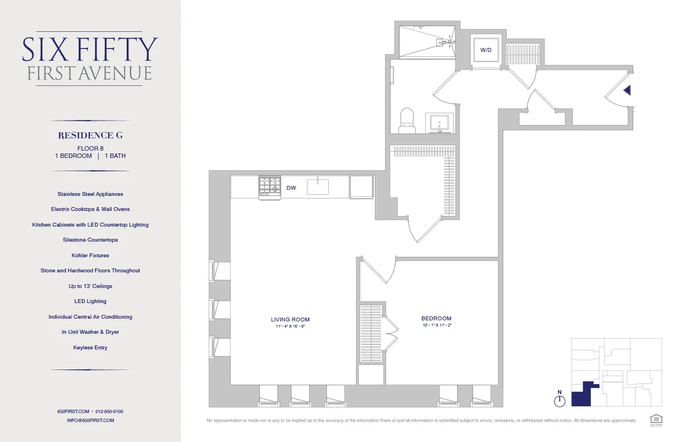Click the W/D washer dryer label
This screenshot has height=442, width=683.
click(486, 50)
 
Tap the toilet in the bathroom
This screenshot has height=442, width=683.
click(407, 121)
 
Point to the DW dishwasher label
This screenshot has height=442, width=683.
click(291, 188)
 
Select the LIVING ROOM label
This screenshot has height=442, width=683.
click(290, 320)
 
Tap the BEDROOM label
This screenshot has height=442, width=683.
click(436, 319)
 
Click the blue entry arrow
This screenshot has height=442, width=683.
click(627, 90)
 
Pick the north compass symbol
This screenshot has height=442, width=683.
click(560, 400)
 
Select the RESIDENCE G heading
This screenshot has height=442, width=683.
click(90, 135)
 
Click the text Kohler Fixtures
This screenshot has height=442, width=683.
click(90, 255)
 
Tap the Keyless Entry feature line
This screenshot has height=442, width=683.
click(90, 348)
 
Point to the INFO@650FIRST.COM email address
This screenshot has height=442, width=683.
click(90, 420)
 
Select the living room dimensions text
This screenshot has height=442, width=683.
click(290, 326)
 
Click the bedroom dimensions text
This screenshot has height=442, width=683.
click(436, 325)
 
